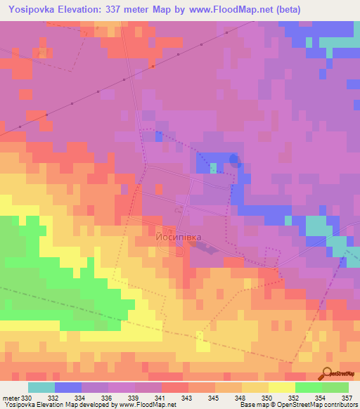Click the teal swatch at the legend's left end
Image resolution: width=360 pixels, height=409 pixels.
click(41, 387)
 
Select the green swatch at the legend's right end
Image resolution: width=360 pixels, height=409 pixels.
click(335, 387)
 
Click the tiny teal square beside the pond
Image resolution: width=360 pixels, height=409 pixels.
click(214, 168)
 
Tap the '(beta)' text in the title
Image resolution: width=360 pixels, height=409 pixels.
click(289, 10)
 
